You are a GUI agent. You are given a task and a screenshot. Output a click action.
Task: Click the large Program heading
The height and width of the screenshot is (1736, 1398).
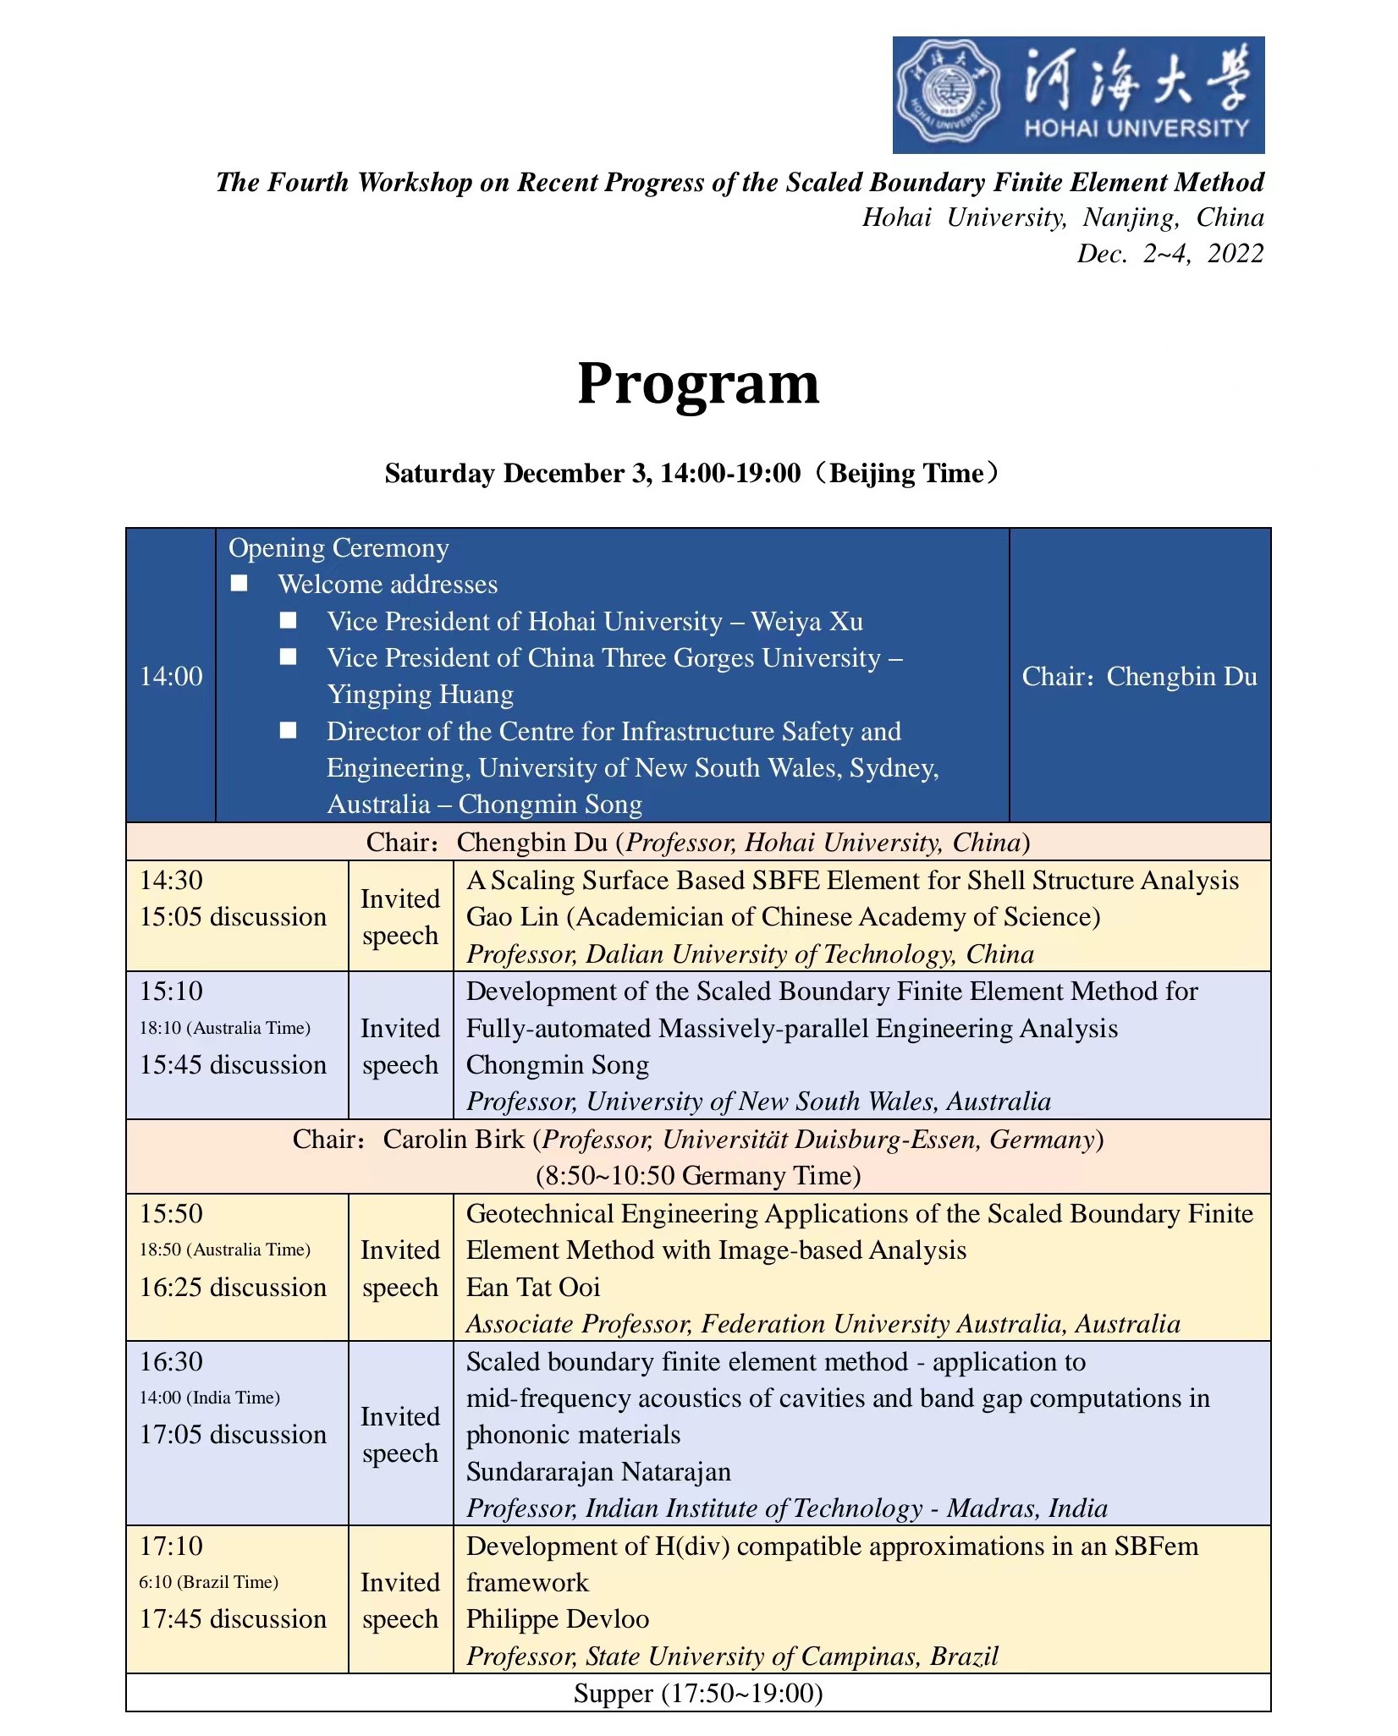(698, 383)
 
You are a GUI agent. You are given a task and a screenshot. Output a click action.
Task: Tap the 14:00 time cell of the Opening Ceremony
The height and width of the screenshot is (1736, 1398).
(171, 676)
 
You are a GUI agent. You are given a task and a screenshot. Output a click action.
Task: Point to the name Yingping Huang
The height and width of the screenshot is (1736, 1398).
(420, 695)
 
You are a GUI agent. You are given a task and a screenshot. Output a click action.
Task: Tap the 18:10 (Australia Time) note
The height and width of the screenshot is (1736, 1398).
(225, 1028)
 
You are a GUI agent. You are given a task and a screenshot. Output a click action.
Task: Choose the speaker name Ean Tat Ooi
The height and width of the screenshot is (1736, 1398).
(533, 1287)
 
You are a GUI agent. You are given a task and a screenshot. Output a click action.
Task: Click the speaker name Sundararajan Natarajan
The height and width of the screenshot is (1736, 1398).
(598, 1471)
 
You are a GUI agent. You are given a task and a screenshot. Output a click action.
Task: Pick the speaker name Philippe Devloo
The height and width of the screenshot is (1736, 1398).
(558, 1618)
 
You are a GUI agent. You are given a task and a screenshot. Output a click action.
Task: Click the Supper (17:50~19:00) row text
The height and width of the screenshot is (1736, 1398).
(698, 1692)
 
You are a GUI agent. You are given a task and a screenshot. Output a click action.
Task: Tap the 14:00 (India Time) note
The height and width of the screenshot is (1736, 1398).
(210, 1398)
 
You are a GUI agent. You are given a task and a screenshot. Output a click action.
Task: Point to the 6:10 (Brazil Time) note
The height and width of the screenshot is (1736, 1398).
(209, 1582)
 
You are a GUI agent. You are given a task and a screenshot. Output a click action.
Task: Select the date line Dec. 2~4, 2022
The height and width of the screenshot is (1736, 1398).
(1170, 254)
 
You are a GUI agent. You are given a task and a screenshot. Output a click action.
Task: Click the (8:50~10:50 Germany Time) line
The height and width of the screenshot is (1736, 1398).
(698, 1175)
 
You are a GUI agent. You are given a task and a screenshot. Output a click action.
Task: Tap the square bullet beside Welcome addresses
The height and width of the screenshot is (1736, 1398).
(239, 584)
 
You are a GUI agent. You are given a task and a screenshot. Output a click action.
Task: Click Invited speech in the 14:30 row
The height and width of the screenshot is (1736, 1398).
(400, 917)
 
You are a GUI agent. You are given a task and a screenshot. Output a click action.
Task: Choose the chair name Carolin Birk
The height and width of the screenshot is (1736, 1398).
(454, 1139)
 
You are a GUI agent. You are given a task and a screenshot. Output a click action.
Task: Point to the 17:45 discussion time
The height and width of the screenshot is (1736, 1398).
(233, 1618)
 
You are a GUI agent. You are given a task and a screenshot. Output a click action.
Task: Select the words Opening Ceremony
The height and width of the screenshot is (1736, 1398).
(338, 548)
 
